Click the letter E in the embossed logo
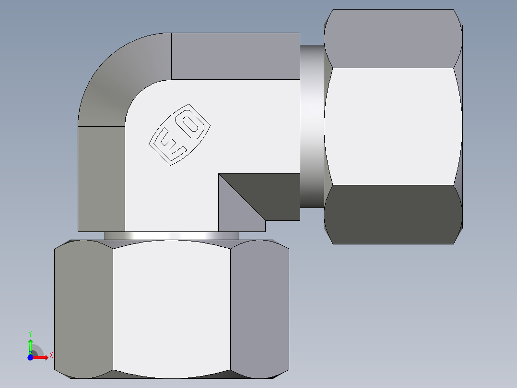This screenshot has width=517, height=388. tap(171, 145)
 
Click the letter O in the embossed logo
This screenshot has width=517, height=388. tap(191, 123)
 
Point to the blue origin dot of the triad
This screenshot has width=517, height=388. tap(30, 357)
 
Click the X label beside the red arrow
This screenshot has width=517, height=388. tap(51, 355)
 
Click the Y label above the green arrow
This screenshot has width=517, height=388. tap(30, 333)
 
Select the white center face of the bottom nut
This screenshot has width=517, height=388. tap(172, 307)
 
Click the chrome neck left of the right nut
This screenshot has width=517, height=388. tap(312, 126)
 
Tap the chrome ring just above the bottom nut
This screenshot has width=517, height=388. tap(171, 236)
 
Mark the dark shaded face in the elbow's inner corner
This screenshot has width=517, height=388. tap(269, 192)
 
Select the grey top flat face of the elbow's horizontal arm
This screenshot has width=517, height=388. tap(235, 56)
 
